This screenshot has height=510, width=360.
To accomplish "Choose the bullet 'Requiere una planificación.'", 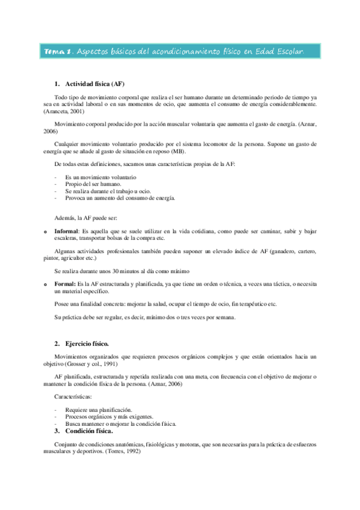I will (x=99, y=410).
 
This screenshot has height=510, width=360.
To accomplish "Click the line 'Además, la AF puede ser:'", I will (x=86, y=217).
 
